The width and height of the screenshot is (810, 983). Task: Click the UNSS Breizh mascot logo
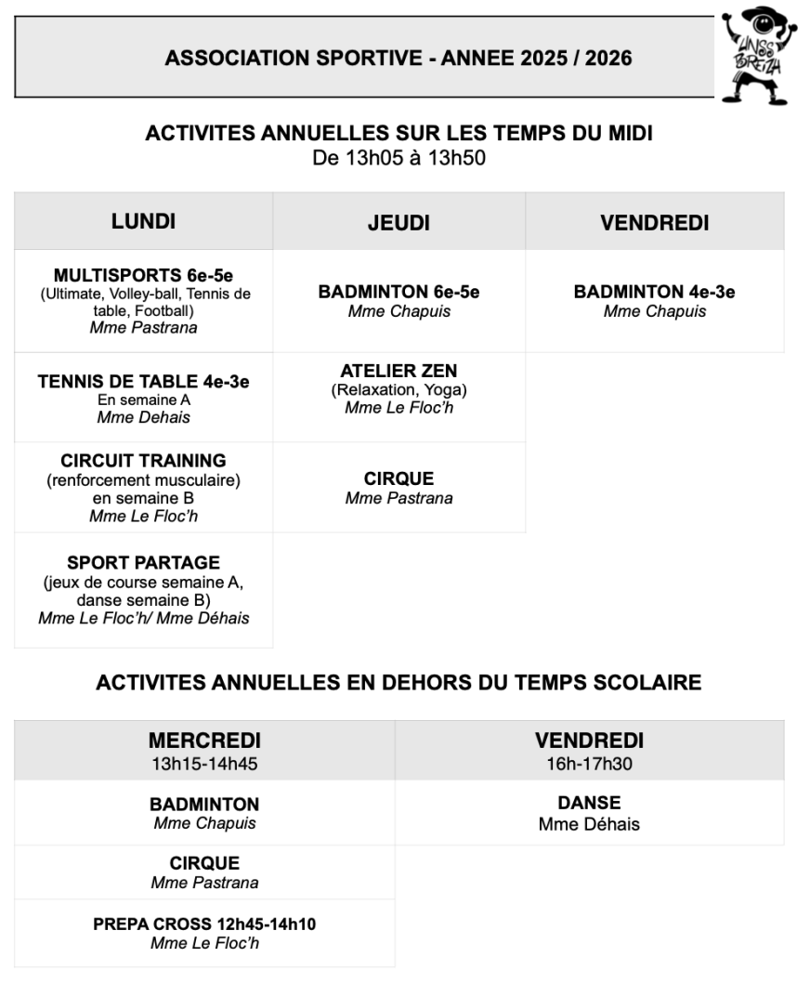pyautogui.click(x=758, y=55)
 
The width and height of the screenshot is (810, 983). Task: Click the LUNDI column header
pyautogui.click(x=143, y=221)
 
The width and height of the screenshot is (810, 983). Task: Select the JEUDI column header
pyautogui.click(x=398, y=223)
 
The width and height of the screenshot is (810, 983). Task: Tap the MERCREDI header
pyautogui.click(x=204, y=741)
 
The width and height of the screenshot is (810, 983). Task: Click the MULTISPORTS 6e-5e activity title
pyautogui.click(x=143, y=275)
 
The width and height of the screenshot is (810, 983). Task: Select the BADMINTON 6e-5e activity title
pyautogui.click(x=398, y=292)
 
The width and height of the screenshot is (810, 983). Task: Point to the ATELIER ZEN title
pyautogui.click(x=398, y=372)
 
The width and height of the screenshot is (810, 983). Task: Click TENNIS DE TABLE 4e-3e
pyautogui.click(x=143, y=382)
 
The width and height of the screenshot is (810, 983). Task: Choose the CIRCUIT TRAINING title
pyautogui.click(x=143, y=461)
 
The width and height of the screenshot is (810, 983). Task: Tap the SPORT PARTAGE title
pyautogui.click(x=143, y=563)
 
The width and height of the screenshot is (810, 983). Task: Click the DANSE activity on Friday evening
pyautogui.click(x=589, y=803)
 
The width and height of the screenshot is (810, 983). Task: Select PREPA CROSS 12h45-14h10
pyautogui.click(x=204, y=925)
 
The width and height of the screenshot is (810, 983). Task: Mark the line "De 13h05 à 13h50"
pyautogui.click(x=398, y=159)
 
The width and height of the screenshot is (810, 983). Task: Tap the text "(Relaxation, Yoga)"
pyautogui.click(x=398, y=390)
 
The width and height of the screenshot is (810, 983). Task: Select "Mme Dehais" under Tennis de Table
pyautogui.click(x=143, y=417)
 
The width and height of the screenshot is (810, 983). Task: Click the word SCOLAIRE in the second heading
pyautogui.click(x=648, y=683)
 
